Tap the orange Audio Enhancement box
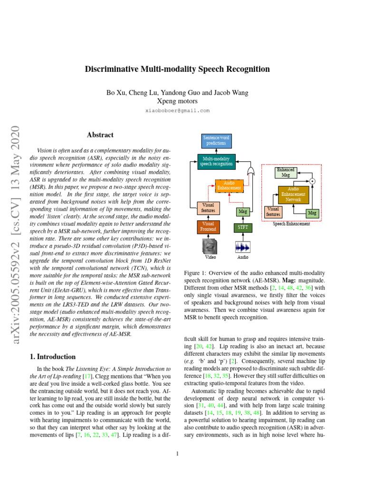pos(229,185)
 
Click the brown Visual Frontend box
pos(208,226)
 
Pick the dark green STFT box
pos(242,228)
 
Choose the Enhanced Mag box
pos(286,172)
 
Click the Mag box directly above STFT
pos(243,211)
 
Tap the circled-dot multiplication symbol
pos(312,181)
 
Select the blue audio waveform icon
pos(242,247)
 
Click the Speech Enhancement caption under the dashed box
pos(291,224)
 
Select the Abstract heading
pos(100,135)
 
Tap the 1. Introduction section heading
pos(53,356)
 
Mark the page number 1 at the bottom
pos(177,453)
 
